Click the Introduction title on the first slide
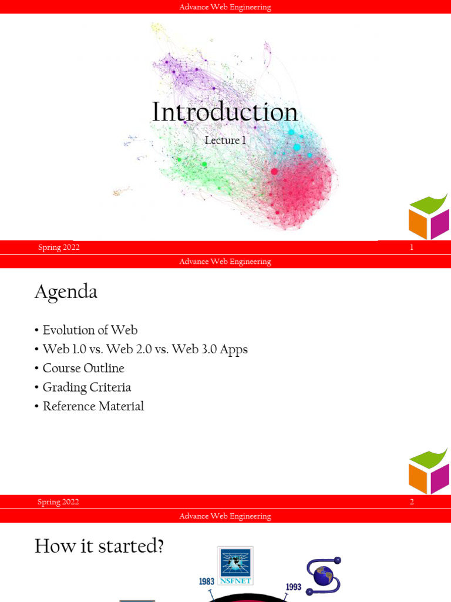[225, 112]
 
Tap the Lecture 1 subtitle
[225, 140]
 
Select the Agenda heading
[66, 292]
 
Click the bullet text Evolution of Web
[90, 330]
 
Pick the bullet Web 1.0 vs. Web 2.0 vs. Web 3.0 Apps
[145, 349]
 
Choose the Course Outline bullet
[83, 368]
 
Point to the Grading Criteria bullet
[87, 387]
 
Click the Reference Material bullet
[93, 406]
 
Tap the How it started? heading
[99, 546]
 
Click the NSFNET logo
[235, 566]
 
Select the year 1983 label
[206, 581]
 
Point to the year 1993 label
[294, 587]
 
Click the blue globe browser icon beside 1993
[324, 576]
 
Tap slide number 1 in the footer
[412, 248]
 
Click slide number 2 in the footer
[412, 502]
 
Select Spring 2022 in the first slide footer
[59, 248]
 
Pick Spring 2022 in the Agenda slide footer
[58, 502]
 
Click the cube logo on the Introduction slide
[429, 217]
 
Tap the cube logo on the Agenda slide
[429, 471]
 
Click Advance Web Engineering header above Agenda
[225, 262]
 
